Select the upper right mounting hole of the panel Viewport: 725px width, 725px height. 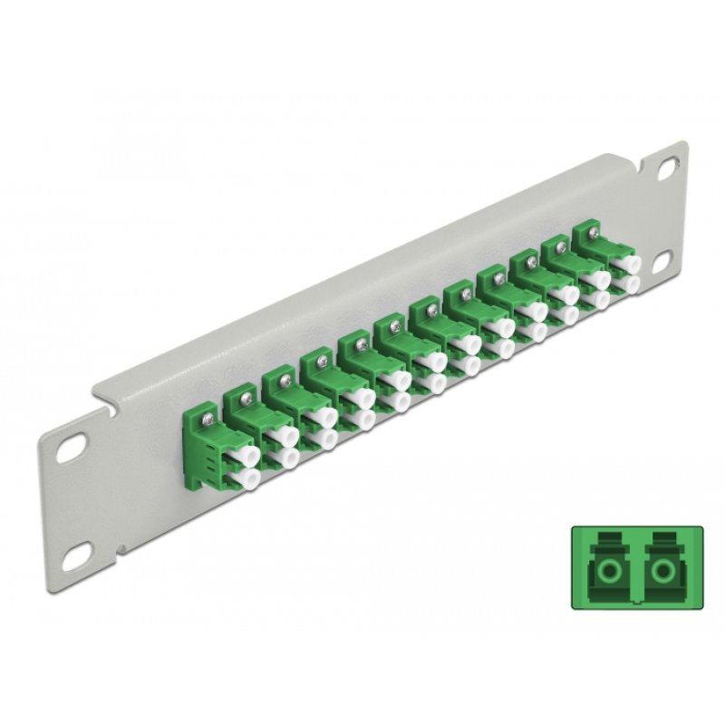pos(669,167)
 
